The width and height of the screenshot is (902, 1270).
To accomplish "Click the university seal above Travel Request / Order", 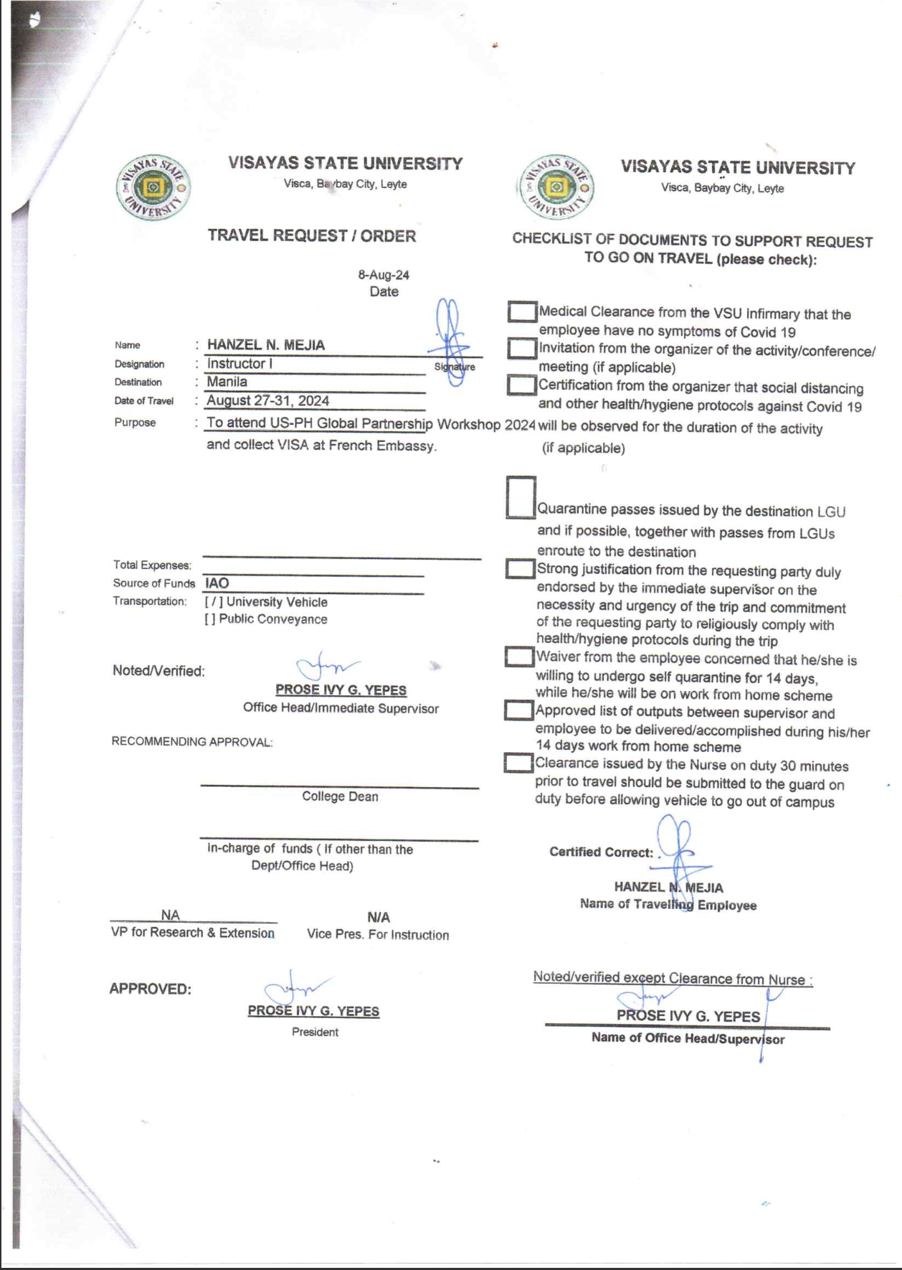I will tap(153, 189).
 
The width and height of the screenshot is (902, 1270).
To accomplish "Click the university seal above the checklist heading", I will tap(556, 188).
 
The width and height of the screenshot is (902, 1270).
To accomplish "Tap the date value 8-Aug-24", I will tap(384, 275).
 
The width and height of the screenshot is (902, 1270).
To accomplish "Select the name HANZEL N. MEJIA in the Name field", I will tap(266, 345).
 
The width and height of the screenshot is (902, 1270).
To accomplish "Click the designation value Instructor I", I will tap(239, 364).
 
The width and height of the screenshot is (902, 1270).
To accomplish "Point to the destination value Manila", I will tap(227, 382).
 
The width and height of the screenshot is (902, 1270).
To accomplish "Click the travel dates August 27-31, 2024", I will tap(268, 401).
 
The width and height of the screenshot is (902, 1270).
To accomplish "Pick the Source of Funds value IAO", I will tap(217, 583).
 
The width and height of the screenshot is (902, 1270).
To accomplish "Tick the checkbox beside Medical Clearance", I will tap(522, 312).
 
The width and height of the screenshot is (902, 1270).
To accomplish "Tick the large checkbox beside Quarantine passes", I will tap(521, 497).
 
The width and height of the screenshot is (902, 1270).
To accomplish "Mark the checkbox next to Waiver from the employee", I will tap(518, 657).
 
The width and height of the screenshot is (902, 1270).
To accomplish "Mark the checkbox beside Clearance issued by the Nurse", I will tap(518, 763).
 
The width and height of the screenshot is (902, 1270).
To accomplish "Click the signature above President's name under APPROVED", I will tap(295, 989).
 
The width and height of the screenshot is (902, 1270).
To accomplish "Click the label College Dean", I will tap(340, 796).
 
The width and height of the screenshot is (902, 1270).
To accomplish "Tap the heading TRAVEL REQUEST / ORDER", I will tap(312, 236).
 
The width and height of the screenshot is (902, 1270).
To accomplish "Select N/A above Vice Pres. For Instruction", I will tap(379, 918).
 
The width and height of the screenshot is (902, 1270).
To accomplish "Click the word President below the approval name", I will tap(315, 1033).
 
